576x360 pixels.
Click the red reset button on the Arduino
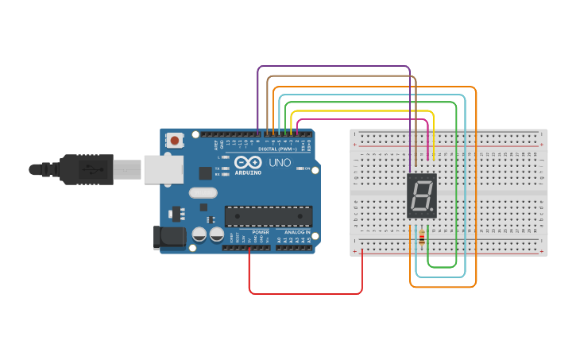pyautogui.click(x=175, y=141)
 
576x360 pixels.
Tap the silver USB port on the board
pyautogui.click(x=163, y=169)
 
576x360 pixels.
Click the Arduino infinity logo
pyautogui.click(x=248, y=162)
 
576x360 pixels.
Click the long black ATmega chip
pyautogui.click(x=268, y=215)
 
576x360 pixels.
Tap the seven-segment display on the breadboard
pyautogui.click(x=422, y=195)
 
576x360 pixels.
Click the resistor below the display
pyautogui.click(x=420, y=238)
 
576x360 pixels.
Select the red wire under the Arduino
pyautogui.click(x=306, y=293)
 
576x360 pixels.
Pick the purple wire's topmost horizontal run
pyautogui.click(x=334, y=67)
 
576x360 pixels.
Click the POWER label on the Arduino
pyautogui.click(x=260, y=232)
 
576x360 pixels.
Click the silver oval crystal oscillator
pyautogui.click(x=203, y=192)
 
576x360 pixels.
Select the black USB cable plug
pyautogui.click(x=87, y=168)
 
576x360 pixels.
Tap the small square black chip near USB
pyautogui.click(x=205, y=172)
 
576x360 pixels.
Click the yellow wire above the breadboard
pyautogui.click(x=361, y=112)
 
